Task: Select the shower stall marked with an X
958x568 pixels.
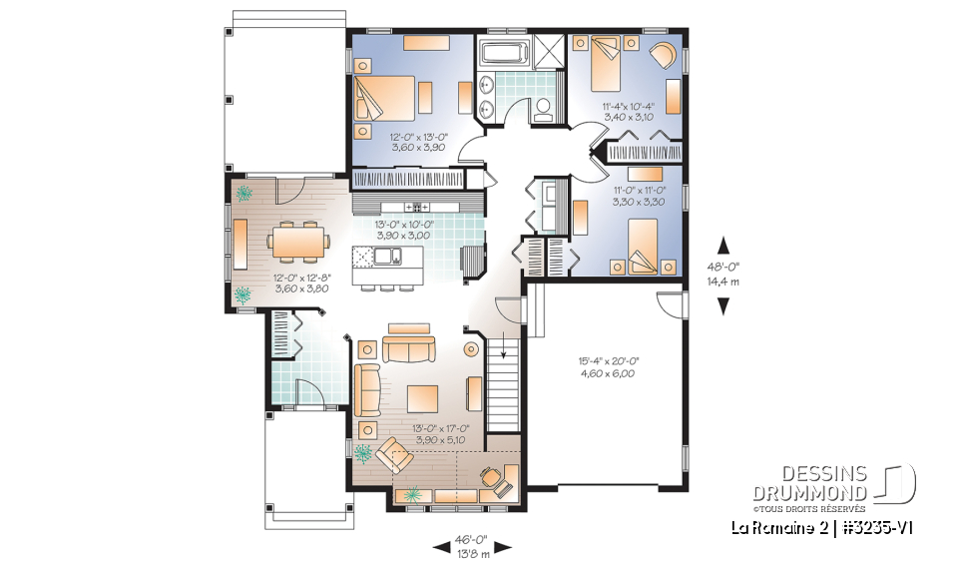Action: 550,52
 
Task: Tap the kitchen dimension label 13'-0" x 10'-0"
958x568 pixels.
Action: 402,231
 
